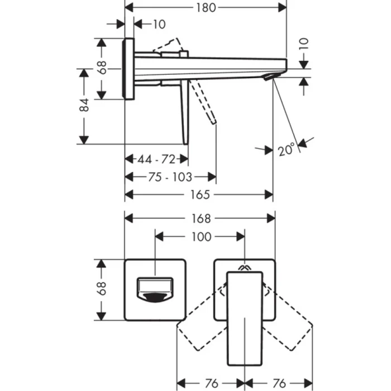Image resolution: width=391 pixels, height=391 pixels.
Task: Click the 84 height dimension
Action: [x=84, y=106]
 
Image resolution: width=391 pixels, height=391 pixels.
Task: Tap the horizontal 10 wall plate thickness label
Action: [x=159, y=24]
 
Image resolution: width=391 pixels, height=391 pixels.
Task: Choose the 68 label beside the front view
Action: [x=102, y=289]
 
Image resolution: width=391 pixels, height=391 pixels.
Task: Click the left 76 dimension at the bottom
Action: [x=211, y=383]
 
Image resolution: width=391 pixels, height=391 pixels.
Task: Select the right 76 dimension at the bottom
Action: [x=279, y=383]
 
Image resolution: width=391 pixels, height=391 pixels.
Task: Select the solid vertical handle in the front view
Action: [x=245, y=316]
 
